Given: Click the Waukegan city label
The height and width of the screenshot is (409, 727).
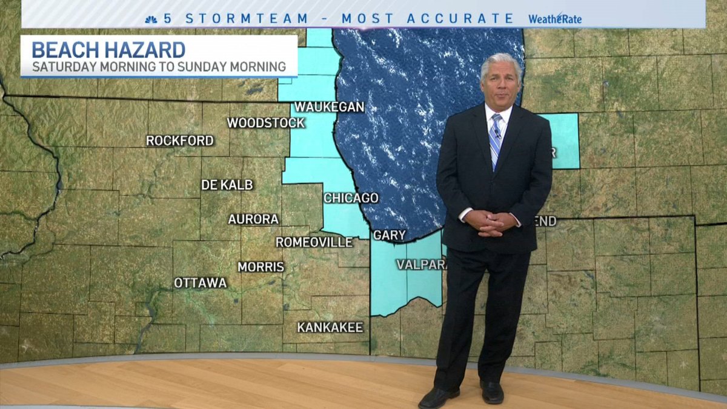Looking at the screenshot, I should [x=329, y=107].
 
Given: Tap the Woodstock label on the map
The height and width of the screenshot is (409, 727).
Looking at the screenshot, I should [x=265, y=123].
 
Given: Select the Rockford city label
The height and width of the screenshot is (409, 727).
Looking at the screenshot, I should [x=180, y=141].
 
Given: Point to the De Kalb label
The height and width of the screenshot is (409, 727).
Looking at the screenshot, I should [x=227, y=185].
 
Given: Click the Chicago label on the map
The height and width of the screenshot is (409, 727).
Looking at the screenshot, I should [x=351, y=198].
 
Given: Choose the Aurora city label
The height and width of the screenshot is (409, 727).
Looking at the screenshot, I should [x=253, y=219].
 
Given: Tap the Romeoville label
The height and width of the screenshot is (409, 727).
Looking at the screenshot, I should [x=314, y=242].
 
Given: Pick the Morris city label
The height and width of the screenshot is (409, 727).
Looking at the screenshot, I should [x=261, y=267].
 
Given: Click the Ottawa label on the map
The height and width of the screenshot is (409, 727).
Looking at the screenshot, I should [x=200, y=283].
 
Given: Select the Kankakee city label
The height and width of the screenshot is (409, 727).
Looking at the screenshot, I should [x=330, y=327].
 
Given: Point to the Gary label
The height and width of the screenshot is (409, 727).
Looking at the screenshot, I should [x=389, y=235].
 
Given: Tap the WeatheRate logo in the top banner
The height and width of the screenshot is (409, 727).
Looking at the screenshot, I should [x=554, y=19].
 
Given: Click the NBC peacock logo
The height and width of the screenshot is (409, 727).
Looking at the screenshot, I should [x=151, y=19].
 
